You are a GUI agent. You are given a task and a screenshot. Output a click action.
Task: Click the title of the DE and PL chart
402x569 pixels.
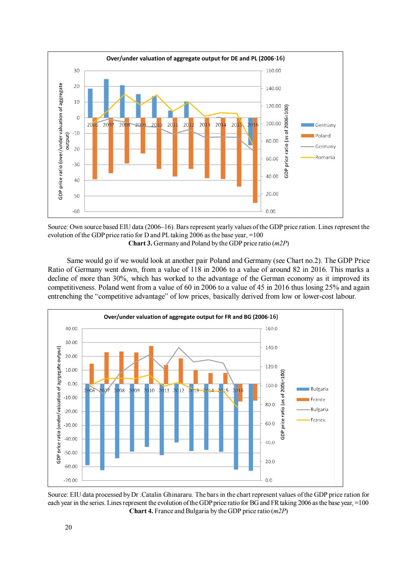195,58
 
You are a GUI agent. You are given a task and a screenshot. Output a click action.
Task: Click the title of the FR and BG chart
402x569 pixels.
191,317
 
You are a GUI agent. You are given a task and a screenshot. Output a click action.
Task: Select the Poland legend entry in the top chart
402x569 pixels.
322,136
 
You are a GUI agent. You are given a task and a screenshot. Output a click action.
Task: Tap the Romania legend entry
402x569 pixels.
325,158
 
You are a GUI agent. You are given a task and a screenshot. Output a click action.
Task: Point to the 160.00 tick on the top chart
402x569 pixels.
273,71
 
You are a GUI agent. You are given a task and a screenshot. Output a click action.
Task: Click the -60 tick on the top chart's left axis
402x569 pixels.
76,212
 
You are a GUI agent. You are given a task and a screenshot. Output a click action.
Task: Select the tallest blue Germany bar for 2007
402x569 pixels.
106,98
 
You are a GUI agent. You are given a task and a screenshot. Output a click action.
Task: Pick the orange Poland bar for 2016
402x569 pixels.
255,160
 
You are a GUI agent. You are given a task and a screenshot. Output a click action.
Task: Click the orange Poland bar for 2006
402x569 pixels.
95,148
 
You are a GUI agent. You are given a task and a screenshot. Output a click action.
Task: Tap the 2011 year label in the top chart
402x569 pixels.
173,125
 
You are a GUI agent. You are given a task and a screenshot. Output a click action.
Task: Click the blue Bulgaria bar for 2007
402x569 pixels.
102,427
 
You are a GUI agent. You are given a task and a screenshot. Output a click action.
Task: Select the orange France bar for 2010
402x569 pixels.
151,365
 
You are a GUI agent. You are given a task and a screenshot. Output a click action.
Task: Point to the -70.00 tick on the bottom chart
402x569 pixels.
71,480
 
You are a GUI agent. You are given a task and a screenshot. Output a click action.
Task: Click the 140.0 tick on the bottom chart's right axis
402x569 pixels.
271,348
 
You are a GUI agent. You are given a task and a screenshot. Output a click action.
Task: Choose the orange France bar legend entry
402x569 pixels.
318,400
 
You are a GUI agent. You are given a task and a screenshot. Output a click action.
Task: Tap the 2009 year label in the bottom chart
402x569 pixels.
134,391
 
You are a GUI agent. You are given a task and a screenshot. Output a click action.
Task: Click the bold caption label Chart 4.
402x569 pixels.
141,511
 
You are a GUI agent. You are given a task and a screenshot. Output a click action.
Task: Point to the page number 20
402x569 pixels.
68,527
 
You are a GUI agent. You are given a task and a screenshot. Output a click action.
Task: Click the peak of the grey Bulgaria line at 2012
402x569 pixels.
179,348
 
